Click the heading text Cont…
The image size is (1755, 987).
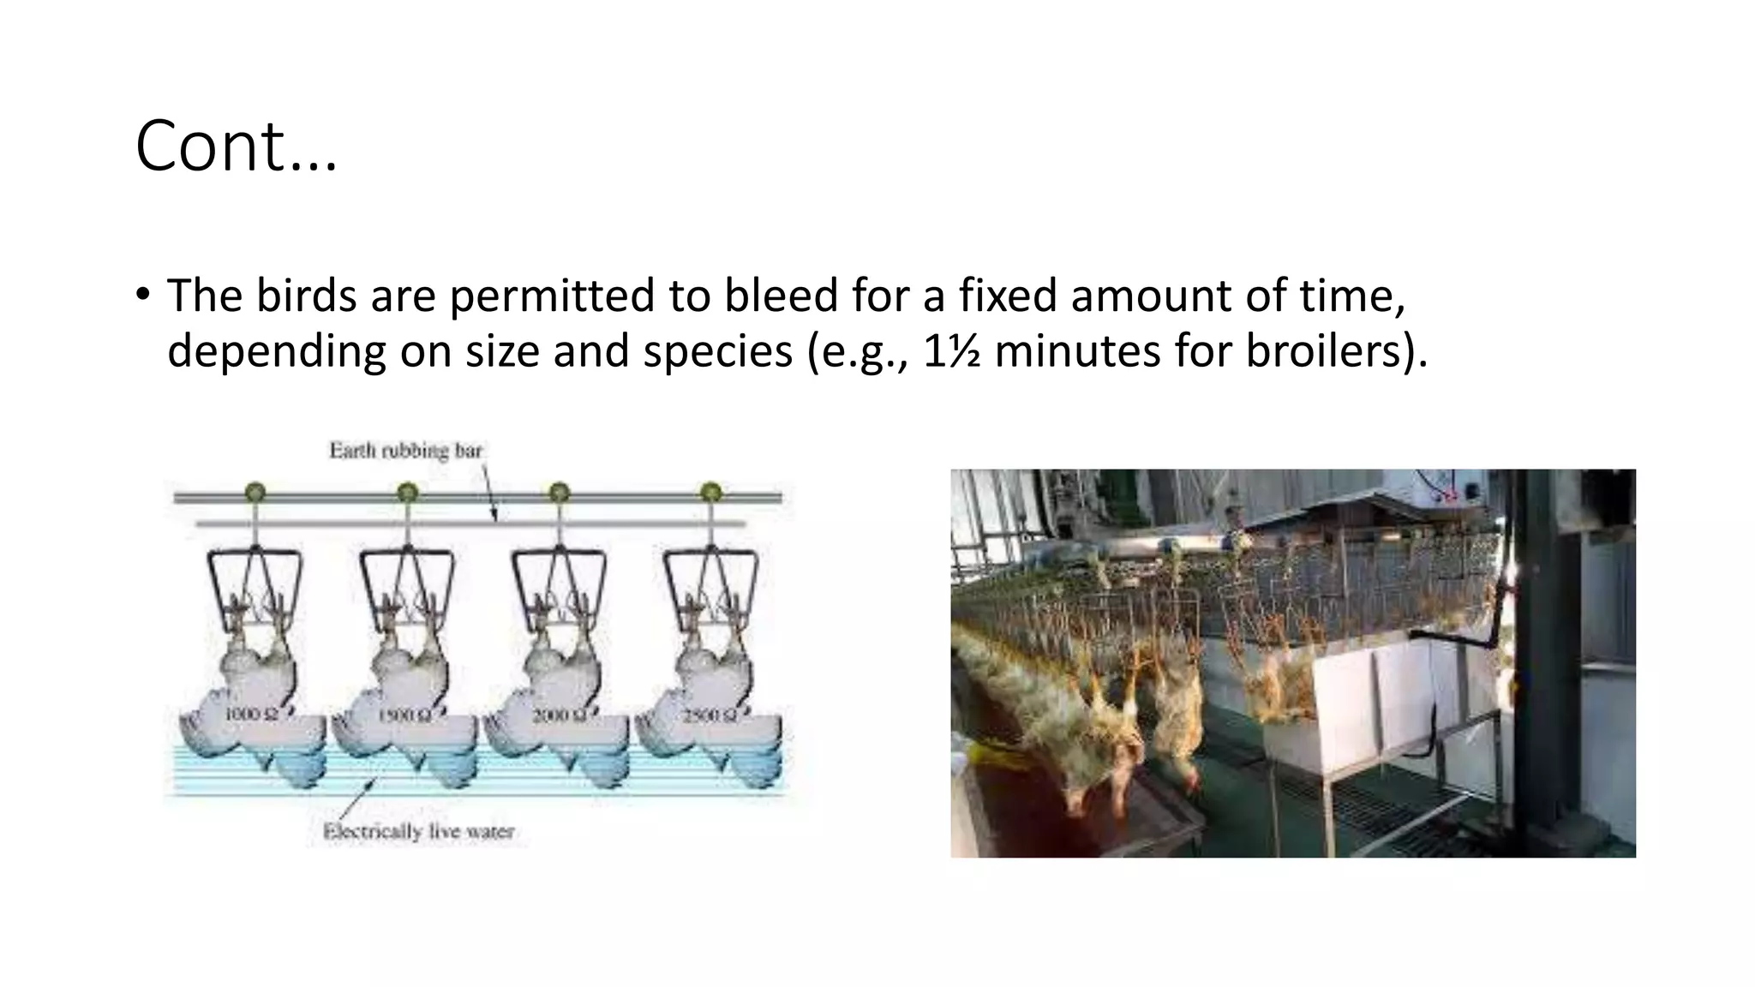236,147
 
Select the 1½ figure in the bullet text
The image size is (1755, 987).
952,351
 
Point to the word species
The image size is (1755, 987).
717,351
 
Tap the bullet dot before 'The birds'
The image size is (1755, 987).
142,294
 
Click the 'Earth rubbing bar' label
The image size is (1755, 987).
405,451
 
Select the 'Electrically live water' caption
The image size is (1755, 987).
418,831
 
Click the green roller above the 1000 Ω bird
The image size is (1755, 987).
255,493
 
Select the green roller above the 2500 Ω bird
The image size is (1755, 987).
710,493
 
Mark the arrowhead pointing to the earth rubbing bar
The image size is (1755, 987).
494,516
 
